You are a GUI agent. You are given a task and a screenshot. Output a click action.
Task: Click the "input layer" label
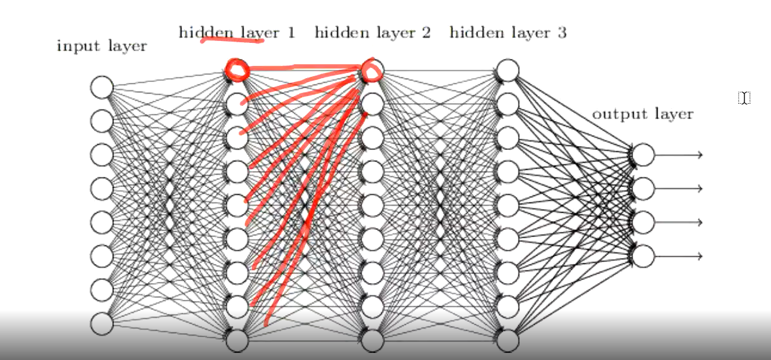(x=101, y=46)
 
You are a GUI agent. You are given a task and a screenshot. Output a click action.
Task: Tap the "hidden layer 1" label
(x=236, y=32)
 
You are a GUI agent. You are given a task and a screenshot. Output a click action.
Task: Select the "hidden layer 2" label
(x=372, y=32)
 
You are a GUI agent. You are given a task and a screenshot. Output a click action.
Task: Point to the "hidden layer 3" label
(x=508, y=32)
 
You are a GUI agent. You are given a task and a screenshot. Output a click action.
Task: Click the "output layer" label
(x=642, y=114)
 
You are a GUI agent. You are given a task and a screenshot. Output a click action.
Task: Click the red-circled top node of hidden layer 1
(x=236, y=69)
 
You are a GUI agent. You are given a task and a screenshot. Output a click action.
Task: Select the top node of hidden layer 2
(x=372, y=69)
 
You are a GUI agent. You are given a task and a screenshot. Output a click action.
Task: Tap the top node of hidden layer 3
(x=508, y=69)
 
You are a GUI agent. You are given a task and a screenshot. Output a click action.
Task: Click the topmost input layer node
(x=101, y=86)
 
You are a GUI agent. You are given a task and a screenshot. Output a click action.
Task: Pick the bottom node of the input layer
(x=101, y=323)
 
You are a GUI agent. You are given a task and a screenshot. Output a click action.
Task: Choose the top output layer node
(x=643, y=154)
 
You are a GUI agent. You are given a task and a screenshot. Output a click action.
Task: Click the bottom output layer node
(x=643, y=256)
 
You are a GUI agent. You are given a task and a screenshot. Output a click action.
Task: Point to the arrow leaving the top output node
(x=679, y=154)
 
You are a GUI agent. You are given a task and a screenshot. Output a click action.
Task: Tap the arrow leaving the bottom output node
(x=679, y=256)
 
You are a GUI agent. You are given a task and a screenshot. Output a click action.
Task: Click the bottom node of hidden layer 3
(x=508, y=340)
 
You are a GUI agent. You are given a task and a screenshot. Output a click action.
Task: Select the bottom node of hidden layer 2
(x=372, y=340)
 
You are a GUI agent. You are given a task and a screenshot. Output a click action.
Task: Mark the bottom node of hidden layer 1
(x=236, y=340)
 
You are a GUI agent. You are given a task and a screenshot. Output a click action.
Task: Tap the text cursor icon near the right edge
(x=743, y=98)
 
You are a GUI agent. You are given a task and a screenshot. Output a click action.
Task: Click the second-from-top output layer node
(x=643, y=188)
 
